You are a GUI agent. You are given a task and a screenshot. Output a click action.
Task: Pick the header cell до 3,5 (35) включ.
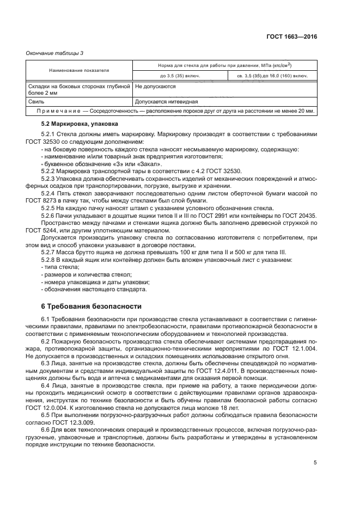180,76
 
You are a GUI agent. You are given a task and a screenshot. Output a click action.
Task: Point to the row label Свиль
36,101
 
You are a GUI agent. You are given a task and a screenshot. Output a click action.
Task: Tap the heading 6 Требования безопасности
91,306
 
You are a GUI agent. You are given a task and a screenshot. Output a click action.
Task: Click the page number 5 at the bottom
315,462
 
